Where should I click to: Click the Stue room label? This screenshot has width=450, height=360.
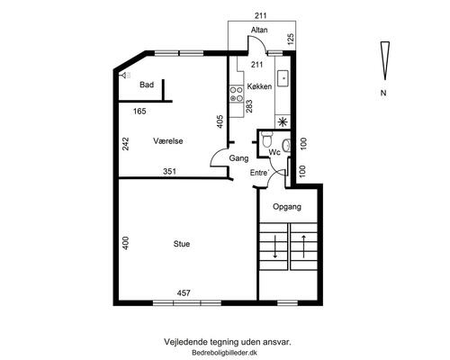click(182, 244)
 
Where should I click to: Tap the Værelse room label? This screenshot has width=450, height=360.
click(168, 141)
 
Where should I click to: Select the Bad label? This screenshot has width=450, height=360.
click(147, 85)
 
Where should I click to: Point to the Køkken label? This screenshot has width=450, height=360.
click(259, 86)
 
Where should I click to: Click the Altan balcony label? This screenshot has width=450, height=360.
click(259, 30)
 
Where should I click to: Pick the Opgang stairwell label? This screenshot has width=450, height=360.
click(287, 207)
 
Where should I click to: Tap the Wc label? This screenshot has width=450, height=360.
click(274, 152)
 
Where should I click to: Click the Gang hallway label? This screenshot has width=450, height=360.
click(238, 158)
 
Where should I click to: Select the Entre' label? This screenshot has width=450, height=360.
click(260, 173)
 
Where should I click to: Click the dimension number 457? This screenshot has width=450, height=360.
click(184, 292)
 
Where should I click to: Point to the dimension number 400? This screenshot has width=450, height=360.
click(126, 243)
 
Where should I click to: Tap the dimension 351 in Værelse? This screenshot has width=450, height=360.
click(169, 172)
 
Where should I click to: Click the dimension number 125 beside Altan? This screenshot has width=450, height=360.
click(291, 40)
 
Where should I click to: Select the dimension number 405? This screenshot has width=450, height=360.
click(220, 121)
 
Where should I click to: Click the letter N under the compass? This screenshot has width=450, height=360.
click(383, 93)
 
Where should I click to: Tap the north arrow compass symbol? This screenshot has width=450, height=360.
click(385, 60)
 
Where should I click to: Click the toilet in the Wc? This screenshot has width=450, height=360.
click(266, 139)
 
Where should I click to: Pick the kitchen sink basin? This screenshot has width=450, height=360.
click(283, 78)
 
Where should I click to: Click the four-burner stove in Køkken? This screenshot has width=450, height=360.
click(237, 94)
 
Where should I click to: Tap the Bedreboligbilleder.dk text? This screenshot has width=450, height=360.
click(224, 353)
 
